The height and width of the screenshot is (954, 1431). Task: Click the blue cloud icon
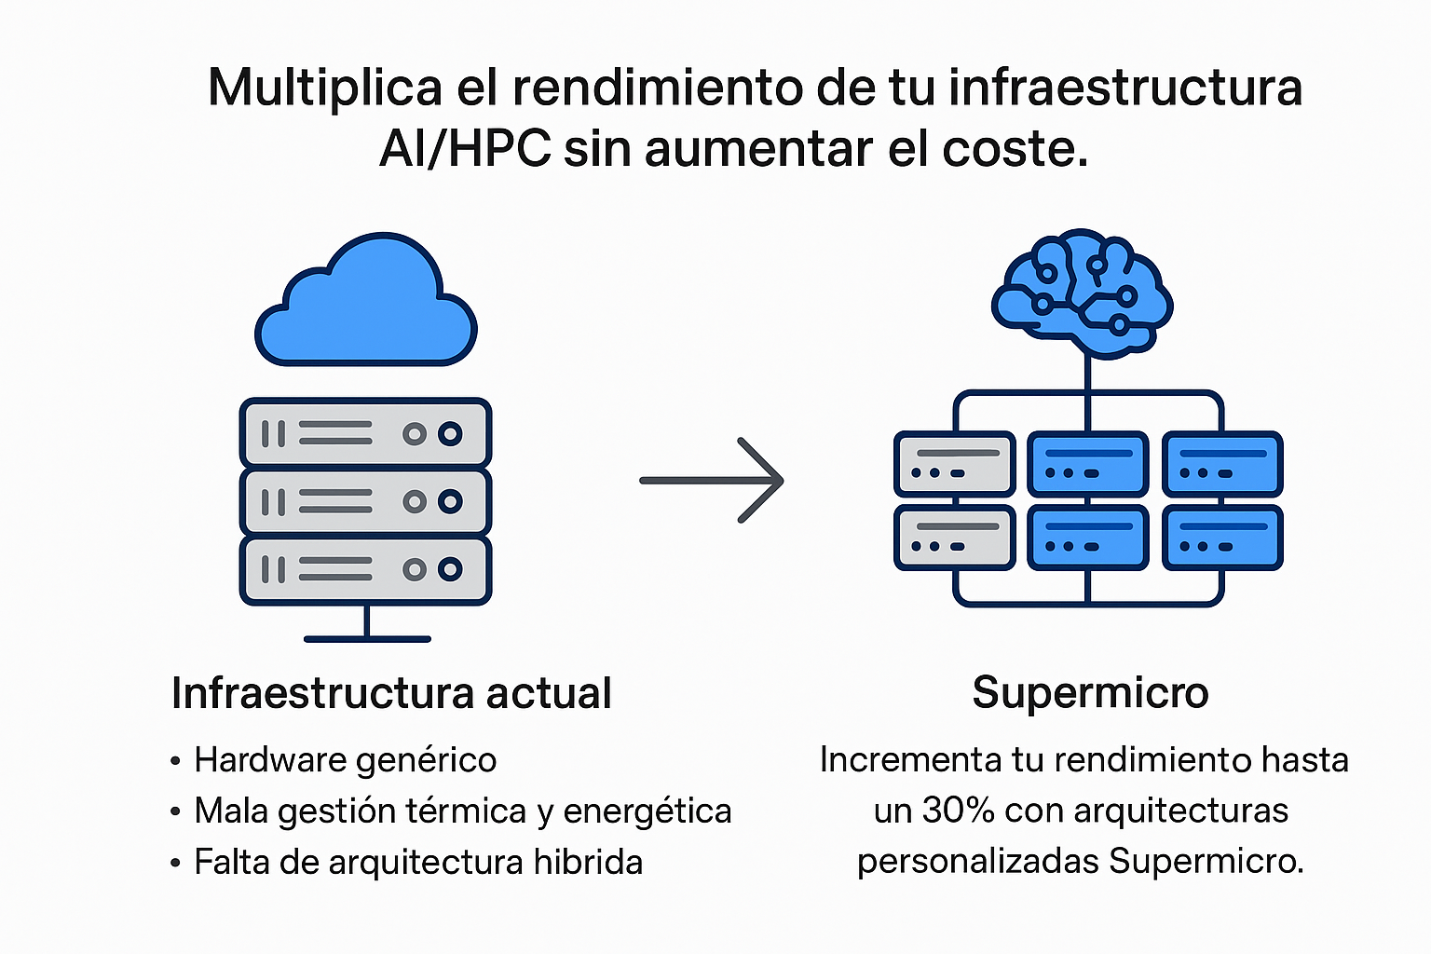[x=366, y=303]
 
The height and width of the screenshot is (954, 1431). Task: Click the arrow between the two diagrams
[x=713, y=481]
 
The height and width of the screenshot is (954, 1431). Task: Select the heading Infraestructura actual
[x=391, y=694]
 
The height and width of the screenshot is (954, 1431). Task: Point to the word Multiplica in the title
[x=324, y=88]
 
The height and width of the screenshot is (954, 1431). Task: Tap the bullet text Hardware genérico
[x=345, y=760]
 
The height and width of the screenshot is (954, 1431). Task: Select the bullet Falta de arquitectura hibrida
[x=417, y=863]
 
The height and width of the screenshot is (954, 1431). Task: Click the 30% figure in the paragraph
[x=958, y=811]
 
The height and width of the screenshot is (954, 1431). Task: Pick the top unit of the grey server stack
[x=365, y=433]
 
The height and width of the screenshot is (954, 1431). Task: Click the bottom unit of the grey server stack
[x=365, y=570]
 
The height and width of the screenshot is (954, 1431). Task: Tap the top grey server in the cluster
[x=955, y=463]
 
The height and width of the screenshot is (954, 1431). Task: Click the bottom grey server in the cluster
[x=955, y=537]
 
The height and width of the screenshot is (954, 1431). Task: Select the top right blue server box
[x=1222, y=463]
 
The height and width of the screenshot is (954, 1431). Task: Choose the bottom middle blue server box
[x=1088, y=537]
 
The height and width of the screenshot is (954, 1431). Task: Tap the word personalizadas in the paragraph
[x=978, y=861]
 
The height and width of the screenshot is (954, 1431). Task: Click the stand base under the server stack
[x=367, y=638]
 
